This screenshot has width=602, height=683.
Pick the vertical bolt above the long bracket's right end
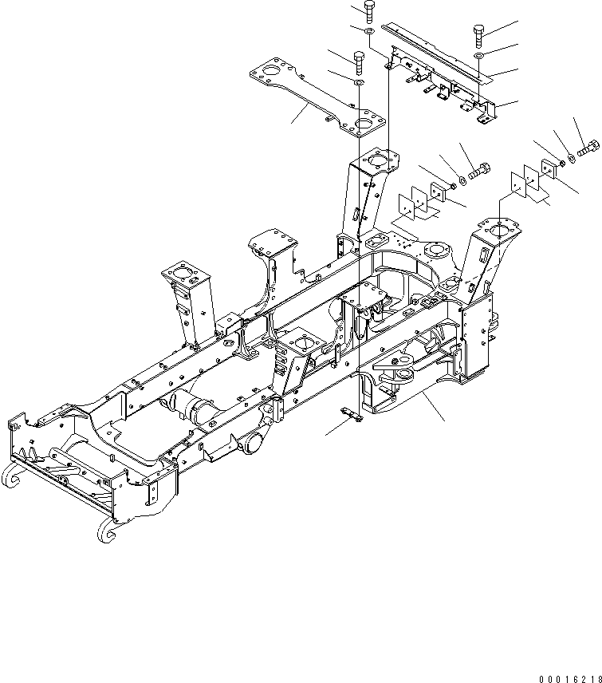tap(478, 33)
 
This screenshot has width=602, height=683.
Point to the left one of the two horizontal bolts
tap(478, 170)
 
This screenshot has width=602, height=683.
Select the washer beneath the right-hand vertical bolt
tap(478, 57)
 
